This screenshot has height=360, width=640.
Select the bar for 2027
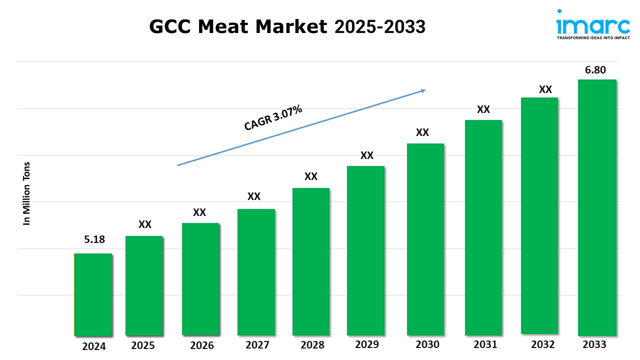coord(256,272)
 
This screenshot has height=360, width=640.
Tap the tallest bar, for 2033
coord(597,207)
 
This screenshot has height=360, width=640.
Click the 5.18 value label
coord(94,239)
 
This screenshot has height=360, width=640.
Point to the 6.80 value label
coord(595,70)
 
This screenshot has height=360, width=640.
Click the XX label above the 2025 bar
coord(145,224)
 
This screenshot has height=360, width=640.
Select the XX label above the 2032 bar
coord(545,89)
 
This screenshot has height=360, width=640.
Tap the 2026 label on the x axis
coord(201,345)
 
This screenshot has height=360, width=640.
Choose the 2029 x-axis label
coord(366,344)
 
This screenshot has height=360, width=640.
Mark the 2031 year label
coord(485,344)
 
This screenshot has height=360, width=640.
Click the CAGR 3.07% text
coord(273,118)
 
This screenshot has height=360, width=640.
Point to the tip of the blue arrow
coord(424,90)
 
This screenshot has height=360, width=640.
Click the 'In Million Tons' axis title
coord(27,193)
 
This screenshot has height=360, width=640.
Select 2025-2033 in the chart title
coord(380,27)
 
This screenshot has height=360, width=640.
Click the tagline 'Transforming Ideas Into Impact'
coord(593,37)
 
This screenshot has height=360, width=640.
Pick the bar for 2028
coord(311,261)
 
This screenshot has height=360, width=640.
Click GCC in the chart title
coord(171,27)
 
